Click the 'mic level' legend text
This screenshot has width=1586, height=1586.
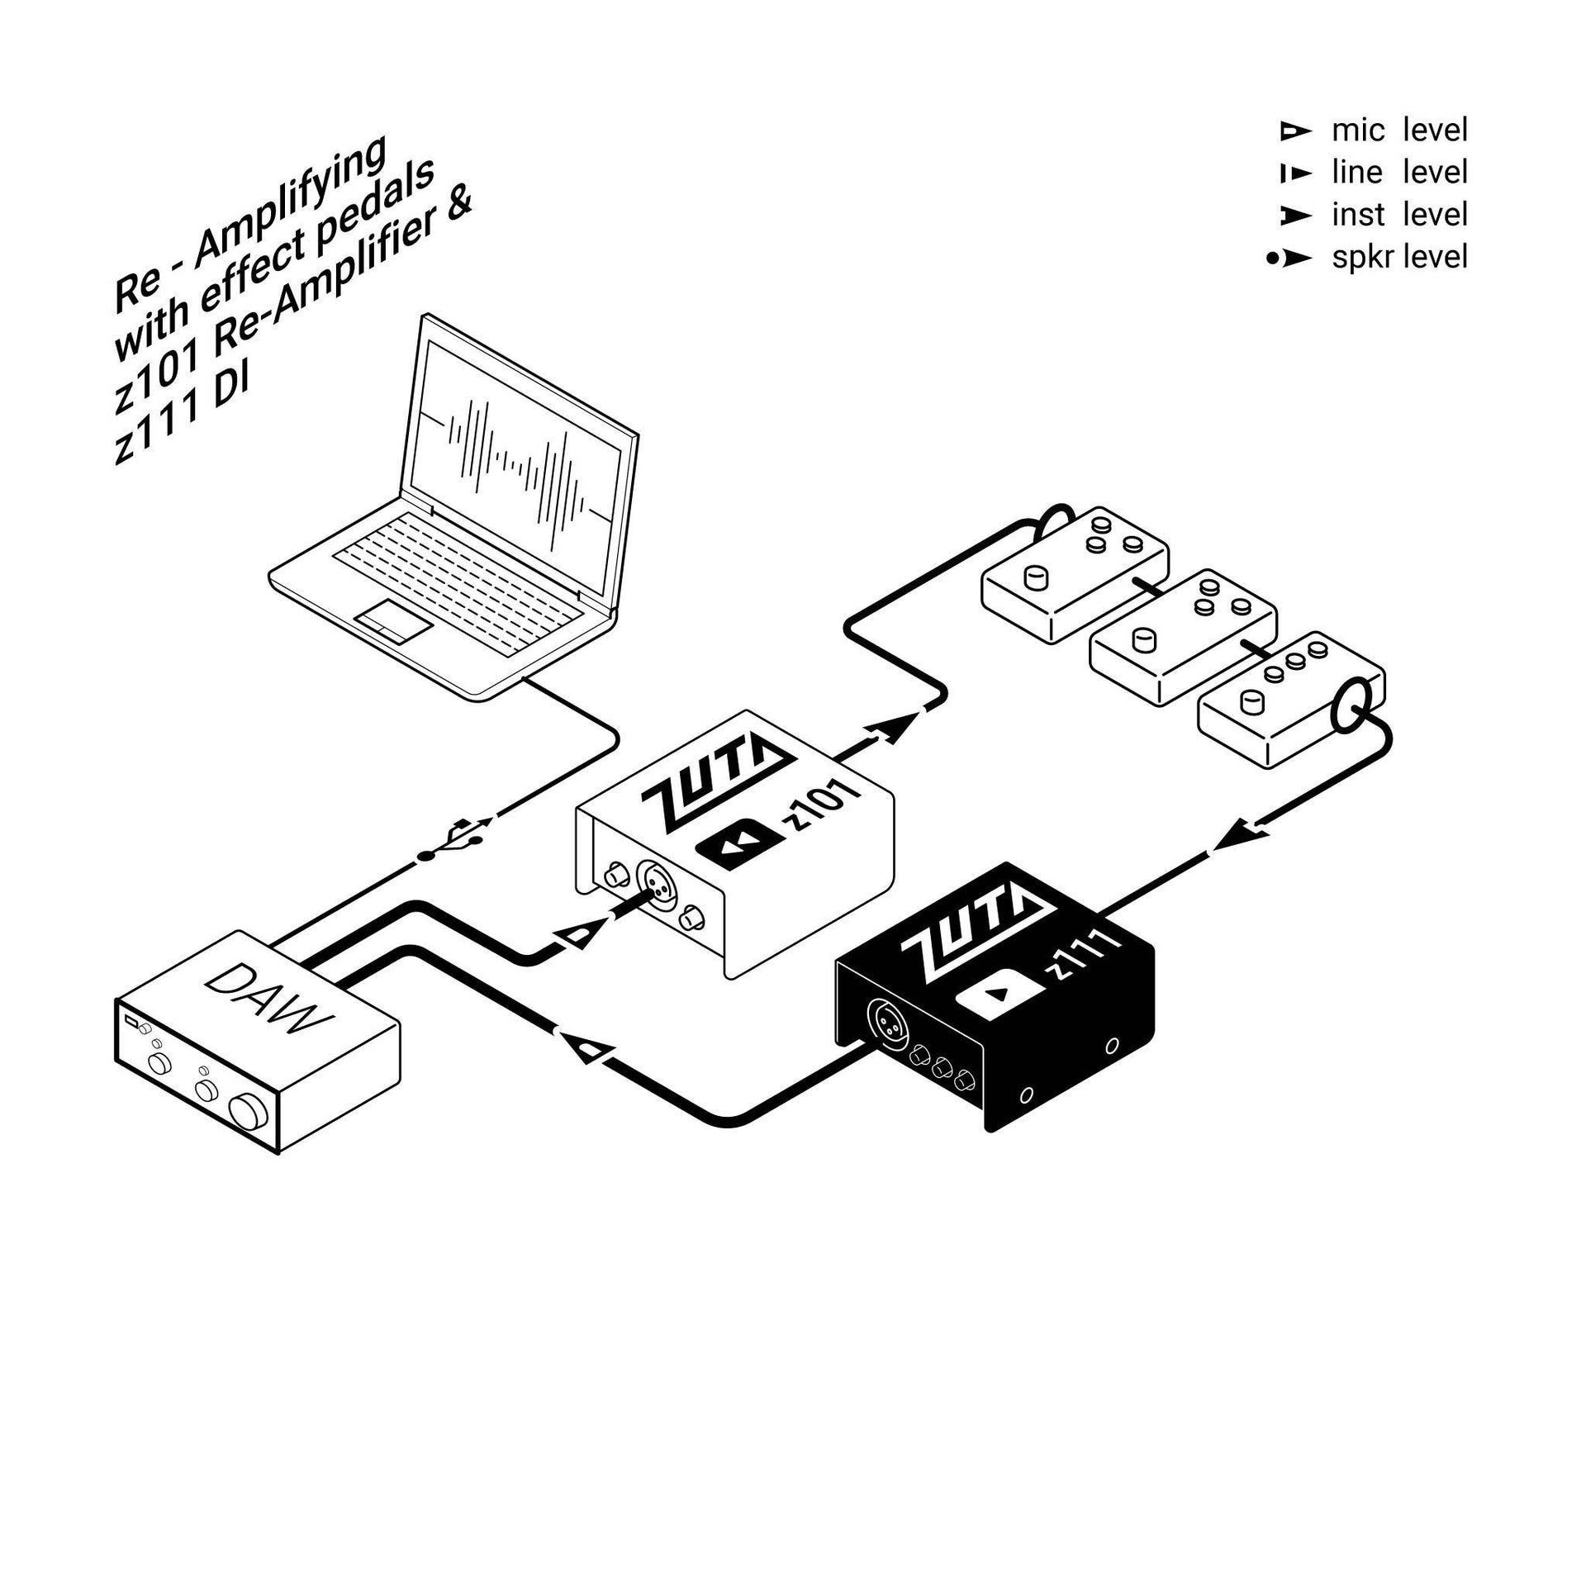pyautogui.click(x=1399, y=131)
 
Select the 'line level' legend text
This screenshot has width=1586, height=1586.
pyautogui.click(x=1399, y=173)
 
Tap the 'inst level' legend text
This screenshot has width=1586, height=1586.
pyautogui.click(x=1399, y=215)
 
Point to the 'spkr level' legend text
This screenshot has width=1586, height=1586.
pyautogui.click(x=1399, y=258)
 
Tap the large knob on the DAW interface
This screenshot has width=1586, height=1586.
pyautogui.click(x=249, y=1111)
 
